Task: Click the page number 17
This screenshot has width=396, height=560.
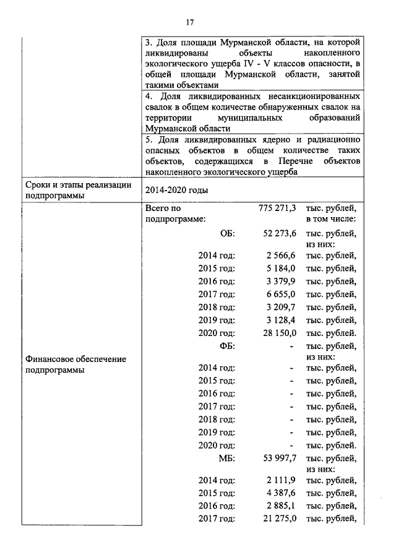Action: (191, 23)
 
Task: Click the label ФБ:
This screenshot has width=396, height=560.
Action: (227, 346)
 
